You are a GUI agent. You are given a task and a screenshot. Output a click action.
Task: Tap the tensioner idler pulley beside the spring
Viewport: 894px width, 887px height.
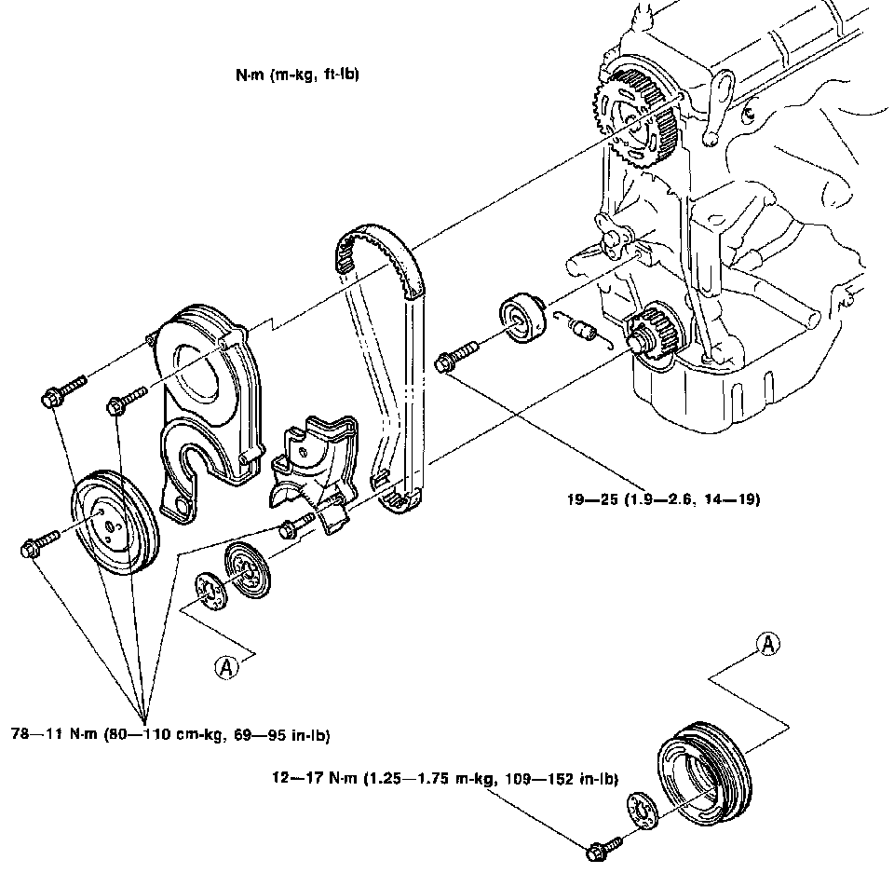(522, 319)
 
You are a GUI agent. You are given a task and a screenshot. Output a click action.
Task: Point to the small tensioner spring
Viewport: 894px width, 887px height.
(583, 329)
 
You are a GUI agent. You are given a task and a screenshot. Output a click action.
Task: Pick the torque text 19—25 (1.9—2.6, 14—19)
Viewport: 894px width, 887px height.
(663, 499)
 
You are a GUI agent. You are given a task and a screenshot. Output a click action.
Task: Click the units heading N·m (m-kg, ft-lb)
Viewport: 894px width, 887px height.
(297, 75)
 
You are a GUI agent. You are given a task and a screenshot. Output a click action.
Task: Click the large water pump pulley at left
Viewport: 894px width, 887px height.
(115, 524)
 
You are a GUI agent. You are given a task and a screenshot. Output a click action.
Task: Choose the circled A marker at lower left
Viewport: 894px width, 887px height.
(227, 666)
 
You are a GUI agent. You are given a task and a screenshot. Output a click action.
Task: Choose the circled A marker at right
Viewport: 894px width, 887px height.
(768, 645)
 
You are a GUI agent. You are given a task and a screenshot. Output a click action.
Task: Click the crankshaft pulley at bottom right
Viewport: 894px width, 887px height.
(705, 772)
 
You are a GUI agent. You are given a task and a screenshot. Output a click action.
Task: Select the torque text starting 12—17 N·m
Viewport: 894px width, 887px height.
(445, 778)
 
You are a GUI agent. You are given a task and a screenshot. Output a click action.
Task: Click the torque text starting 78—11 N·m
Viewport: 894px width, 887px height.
(170, 734)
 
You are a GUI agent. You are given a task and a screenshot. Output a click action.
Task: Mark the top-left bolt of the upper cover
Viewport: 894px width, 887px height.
(64, 389)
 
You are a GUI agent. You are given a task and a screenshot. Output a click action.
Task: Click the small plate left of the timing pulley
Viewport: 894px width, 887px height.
(211, 593)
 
